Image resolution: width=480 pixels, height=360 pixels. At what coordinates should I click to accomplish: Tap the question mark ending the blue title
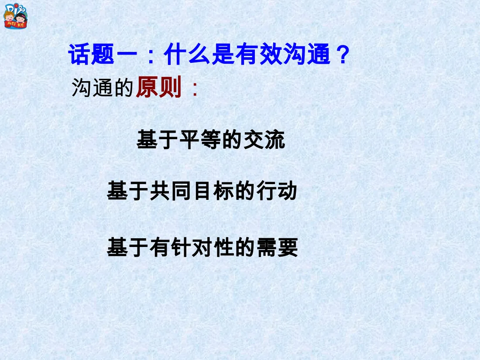tap(343, 55)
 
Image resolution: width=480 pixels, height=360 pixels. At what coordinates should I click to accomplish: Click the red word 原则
tap(159, 89)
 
